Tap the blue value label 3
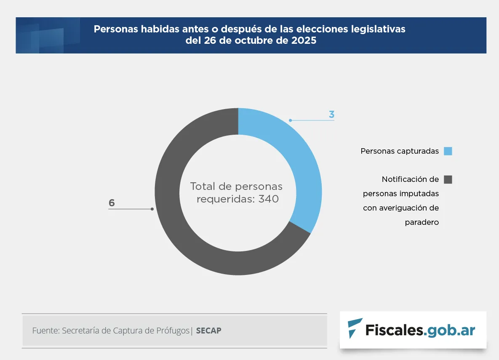point(331,115)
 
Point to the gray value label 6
point(112,203)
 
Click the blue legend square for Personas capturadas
point(448,151)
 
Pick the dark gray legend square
point(448,179)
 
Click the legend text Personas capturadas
point(400,151)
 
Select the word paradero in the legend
point(422,222)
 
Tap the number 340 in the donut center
point(268,199)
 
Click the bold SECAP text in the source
point(208,331)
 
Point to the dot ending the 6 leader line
point(152,209)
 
